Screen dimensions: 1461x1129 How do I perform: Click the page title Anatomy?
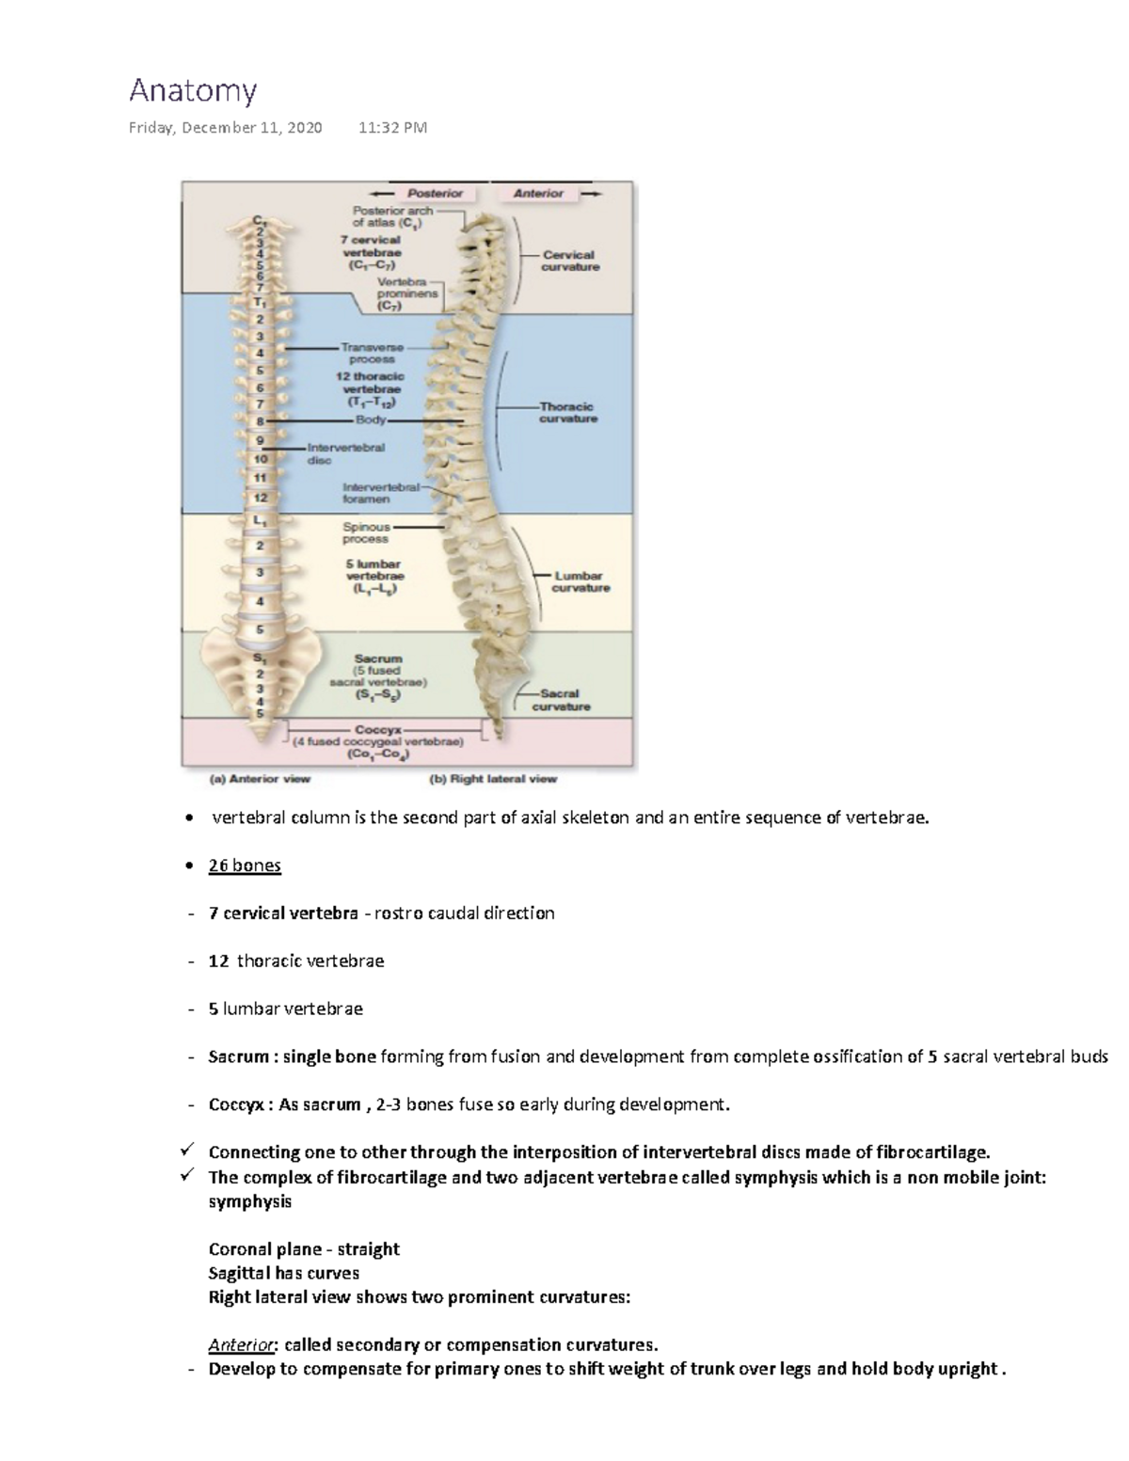tap(192, 91)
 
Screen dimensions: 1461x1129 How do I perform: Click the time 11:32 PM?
tap(392, 128)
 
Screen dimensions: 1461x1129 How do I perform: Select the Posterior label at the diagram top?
tap(435, 193)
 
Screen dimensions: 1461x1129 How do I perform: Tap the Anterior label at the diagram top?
tap(538, 193)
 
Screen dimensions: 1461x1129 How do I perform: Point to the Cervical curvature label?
tap(569, 261)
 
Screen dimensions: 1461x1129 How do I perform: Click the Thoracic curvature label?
tap(567, 412)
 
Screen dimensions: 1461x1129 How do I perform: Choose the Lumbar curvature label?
tap(580, 581)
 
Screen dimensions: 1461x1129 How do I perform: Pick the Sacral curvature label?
tap(561, 700)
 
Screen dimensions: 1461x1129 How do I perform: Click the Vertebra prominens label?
tap(407, 294)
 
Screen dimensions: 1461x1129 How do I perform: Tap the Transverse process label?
tap(372, 353)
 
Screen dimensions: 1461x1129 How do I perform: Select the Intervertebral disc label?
tap(345, 453)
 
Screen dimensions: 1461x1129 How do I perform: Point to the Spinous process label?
tap(366, 532)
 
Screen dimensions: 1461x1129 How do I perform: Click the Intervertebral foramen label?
tap(380, 493)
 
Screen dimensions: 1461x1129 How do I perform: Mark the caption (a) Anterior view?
tap(259, 779)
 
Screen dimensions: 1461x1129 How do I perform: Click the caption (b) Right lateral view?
tap(493, 779)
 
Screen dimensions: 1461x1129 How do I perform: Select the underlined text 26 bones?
tap(245, 865)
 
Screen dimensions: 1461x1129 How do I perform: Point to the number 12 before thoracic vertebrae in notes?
tap(218, 961)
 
